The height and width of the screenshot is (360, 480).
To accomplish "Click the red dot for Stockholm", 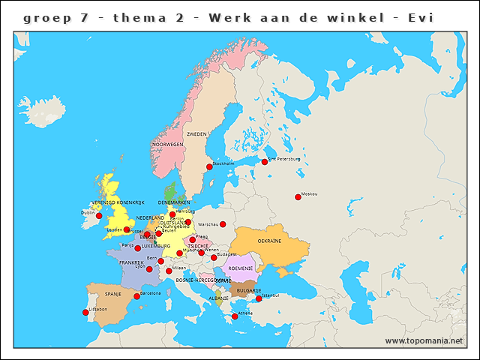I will (x=209, y=167).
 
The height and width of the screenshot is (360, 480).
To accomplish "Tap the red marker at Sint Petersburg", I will (x=264, y=161).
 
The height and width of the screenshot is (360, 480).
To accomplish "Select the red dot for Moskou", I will (x=298, y=197).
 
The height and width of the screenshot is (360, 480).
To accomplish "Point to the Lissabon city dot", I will (x=85, y=313).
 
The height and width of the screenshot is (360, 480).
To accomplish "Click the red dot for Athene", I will (x=235, y=316).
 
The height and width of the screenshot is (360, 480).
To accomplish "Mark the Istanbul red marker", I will (x=259, y=298).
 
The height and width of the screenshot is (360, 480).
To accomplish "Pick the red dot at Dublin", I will (x=97, y=217).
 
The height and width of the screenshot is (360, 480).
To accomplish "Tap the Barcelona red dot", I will (x=136, y=296).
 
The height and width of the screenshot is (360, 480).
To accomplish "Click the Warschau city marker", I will (x=223, y=223).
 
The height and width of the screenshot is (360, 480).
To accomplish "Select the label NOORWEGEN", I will (x=167, y=144).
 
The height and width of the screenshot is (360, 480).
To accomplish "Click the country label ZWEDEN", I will (x=196, y=133).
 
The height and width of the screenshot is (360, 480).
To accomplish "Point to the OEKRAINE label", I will (x=269, y=241).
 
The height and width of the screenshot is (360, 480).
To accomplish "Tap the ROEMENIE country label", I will (x=241, y=268).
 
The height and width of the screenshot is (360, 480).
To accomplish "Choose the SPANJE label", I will (x=113, y=294).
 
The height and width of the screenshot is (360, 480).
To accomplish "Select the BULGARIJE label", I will (x=249, y=289).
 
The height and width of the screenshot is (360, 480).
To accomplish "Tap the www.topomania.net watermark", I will (x=424, y=340).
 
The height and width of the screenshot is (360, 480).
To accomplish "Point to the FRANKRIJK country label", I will (x=131, y=262).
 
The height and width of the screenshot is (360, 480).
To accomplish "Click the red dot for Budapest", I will (x=214, y=257).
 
